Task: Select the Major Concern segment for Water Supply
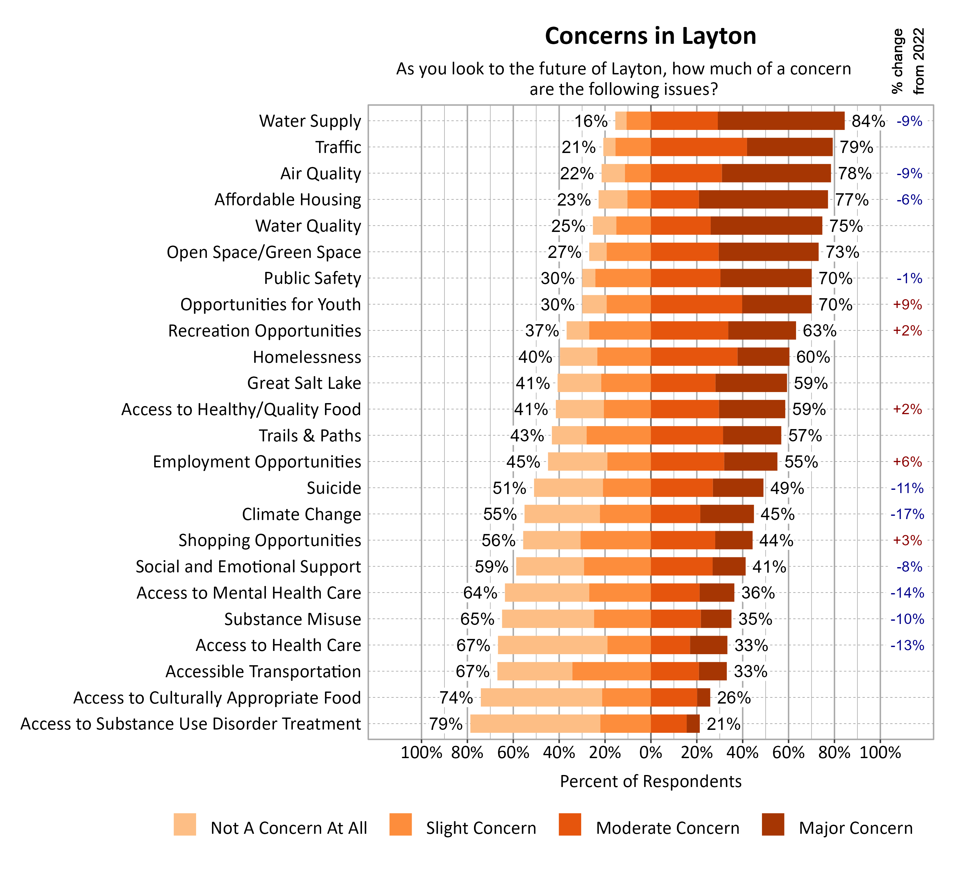(780, 121)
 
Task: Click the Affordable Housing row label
(288, 199)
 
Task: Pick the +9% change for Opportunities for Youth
(907, 305)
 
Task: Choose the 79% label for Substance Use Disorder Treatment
(445, 724)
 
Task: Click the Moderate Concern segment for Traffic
(698, 147)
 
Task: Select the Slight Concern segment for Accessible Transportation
(611, 671)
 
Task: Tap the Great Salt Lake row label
(304, 383)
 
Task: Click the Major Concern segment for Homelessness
(763, 357)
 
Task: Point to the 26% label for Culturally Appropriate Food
(733, 698)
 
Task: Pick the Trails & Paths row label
(310, 436)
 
